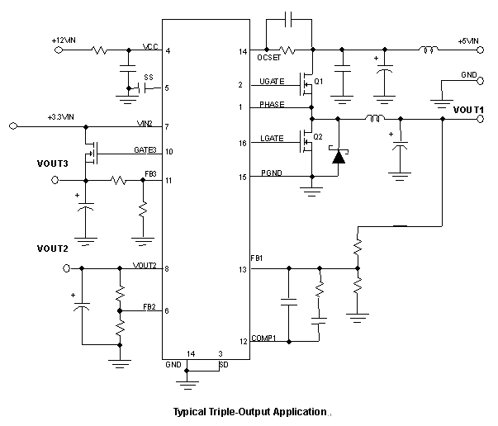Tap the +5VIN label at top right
click(469, 40)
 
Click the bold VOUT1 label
click(468, 110)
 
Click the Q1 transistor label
click(319, 82)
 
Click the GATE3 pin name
click(145, 150)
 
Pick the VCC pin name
click(150, 47)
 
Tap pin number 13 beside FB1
click(241, 268)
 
